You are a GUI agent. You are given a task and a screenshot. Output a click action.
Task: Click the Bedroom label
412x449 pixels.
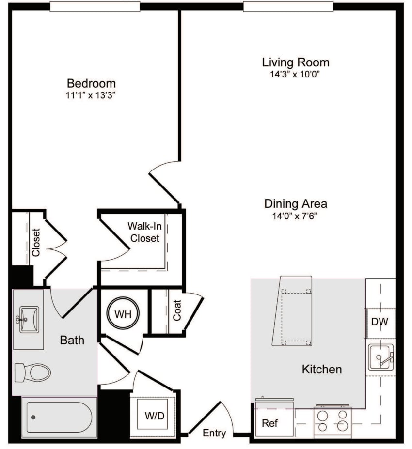91,83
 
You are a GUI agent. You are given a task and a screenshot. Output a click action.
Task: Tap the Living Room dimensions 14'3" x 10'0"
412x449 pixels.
295,74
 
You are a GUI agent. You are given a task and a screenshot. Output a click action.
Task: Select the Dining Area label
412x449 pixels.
295,203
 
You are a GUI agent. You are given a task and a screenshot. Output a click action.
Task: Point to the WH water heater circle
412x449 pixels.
123,314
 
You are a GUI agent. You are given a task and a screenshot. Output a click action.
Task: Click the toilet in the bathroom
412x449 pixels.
32,372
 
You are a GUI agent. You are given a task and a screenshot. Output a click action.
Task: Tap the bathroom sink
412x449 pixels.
28,320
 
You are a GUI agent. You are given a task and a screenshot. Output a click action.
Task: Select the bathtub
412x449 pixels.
59,417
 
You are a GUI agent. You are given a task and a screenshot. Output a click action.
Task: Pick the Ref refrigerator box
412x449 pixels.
270,423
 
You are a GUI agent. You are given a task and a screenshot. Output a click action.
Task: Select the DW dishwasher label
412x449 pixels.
380,322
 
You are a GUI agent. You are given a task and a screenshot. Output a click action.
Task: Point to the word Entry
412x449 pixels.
214,433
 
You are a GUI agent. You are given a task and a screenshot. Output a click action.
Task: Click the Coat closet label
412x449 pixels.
177,310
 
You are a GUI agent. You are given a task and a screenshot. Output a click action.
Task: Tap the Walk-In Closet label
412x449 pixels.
144,232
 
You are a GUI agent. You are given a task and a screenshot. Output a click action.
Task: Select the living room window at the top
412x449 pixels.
288,7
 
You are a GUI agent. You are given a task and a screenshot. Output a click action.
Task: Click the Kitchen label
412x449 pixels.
322,370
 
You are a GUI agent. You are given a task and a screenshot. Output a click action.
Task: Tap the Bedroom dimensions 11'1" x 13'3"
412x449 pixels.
91,95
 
